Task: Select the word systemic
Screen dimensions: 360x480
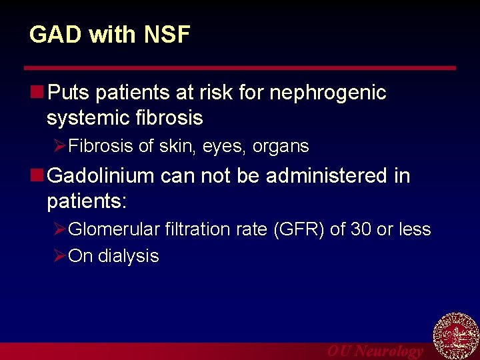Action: (x=86, y=119)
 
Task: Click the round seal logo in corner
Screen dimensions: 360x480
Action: (x=456, y=337)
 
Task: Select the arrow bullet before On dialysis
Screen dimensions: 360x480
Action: (x=59, y=256)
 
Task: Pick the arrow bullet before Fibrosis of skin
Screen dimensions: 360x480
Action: (x=59, y=146)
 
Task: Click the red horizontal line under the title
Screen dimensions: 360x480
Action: (x=240, y=68)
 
